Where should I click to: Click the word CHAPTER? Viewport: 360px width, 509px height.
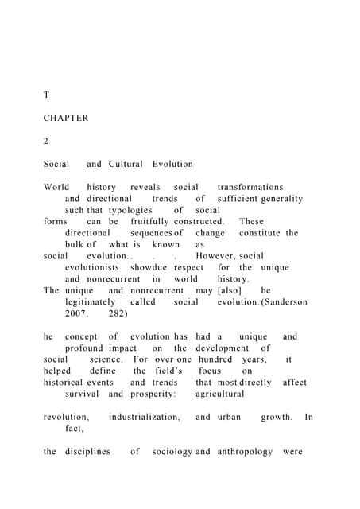(x=66, y=118)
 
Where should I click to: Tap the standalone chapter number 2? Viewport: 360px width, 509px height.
(x=46, y=141)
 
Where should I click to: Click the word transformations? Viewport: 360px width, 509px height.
(x=250, y=187)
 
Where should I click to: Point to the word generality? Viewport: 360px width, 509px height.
(x=278, y=198)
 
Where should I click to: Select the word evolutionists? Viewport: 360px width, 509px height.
(x=95, y=268)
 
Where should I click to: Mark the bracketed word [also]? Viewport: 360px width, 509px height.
(x=229, y=290)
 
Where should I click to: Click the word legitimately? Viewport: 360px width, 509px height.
(x=92, y=302)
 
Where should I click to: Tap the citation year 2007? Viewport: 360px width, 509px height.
(x=77, y=314)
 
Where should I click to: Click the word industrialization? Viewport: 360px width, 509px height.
(x=145, y=417)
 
